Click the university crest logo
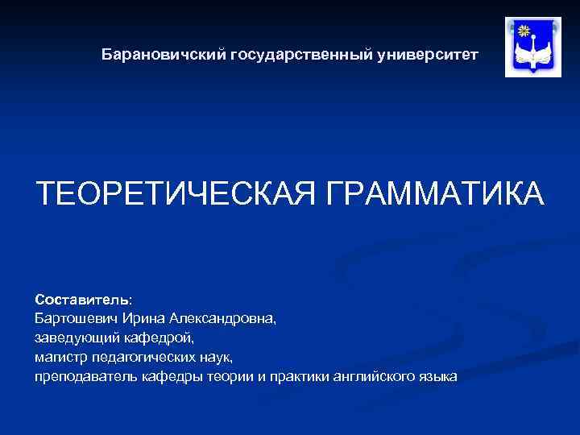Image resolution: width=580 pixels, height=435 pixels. click(x=532, y=47)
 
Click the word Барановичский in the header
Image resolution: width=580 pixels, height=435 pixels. click(x=164, y=56)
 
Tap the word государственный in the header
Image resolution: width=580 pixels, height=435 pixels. click(x=301, y=56)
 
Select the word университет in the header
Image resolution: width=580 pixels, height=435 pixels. click(x=428, y=56)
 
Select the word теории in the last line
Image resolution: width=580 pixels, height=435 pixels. click(x=232, y=376)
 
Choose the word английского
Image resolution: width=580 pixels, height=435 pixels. click(x=372, y=376)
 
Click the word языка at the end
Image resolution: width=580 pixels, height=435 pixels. click(x=437, y=376)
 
